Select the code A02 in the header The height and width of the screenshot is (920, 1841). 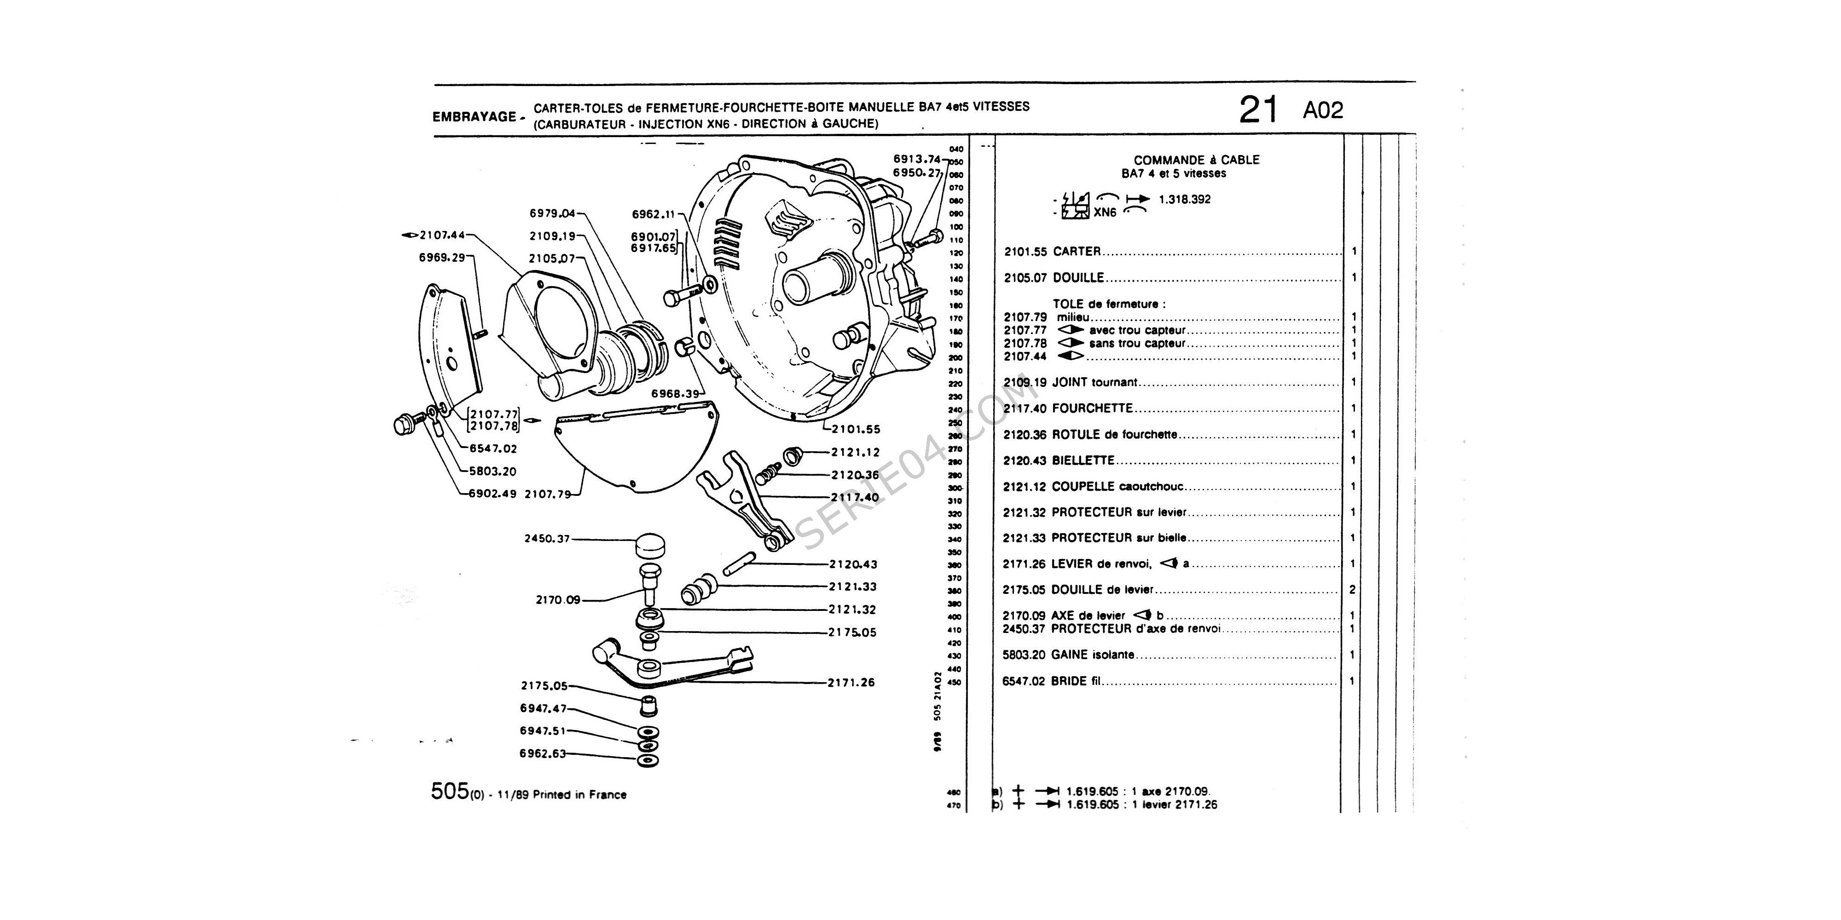pyautogui.click(x=1323, y=111)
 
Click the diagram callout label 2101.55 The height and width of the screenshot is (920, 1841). pyautogui.click(x=856, y=429)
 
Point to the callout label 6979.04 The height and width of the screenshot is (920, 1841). pyautogui.click(x=552, y=213)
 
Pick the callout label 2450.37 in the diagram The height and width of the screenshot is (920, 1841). pyautogui.click(x=547, y=539)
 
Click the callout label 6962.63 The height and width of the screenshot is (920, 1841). pyautogui.click(x=543, y=753)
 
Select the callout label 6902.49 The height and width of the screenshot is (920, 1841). pyautogui.click(x=492, y=494)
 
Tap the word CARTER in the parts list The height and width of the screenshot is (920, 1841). pyautogui.click(x=1077, y=252)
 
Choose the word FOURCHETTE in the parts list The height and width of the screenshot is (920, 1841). pyautogui.click(x=1093, y=408)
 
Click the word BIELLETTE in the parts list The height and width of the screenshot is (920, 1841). pyautogui.click(x=1083, y=461)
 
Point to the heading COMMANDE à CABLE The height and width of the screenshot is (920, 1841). pyautogui.click(x=1196, y=161)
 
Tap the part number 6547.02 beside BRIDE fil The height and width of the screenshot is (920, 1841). pyautogui.click(x=1024, y=681)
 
